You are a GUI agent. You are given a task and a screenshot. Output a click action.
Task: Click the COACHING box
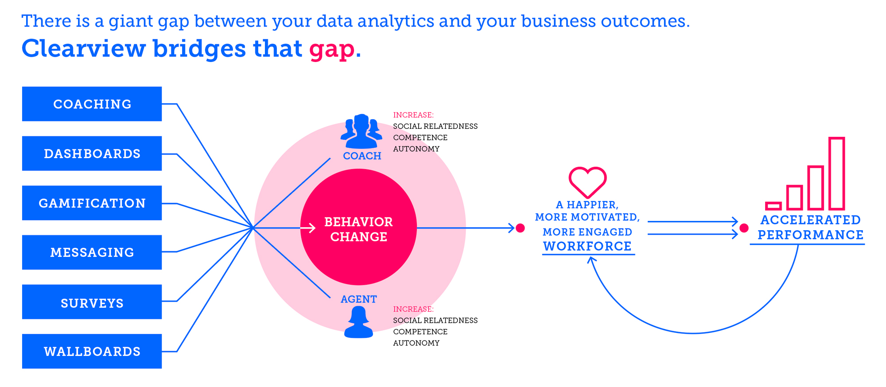(x=92, y=104)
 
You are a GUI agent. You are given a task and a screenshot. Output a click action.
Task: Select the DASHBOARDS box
(x=92, y=154)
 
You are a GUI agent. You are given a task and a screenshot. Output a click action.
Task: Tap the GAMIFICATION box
(x=92, y=203)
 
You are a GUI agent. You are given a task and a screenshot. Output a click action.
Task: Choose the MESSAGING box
(x=92, y=252)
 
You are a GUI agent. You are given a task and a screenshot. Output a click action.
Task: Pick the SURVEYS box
(x=92, y=302)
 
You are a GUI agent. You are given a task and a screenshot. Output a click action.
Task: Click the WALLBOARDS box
(x=92, y=351)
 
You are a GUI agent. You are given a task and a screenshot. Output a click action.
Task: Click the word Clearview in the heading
(x=84, y=48)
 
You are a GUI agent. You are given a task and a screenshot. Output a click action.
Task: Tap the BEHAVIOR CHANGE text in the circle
(x=358, y=229)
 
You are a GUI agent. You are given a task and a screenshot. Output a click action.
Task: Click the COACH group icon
(x=361, y=132)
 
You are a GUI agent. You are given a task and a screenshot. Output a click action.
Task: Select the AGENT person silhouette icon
(x=358, y=322)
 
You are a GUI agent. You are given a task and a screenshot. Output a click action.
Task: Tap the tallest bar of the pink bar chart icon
(x=837, y=174)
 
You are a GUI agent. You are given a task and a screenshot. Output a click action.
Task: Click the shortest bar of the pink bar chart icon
(x=773, y=206)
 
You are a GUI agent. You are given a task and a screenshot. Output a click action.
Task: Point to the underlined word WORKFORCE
(x=587, y=246)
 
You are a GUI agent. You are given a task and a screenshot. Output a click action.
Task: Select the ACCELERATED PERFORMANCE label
(x=810, y=228)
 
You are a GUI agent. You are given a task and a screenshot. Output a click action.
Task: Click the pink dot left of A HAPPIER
(x=521, y=228)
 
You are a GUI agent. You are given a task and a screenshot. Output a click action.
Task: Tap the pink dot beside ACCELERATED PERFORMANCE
(x=744, y=228)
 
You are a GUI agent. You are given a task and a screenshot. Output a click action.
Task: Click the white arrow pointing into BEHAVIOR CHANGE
(x=308, y=228)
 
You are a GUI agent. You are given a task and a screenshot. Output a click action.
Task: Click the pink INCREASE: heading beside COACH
(x=413, y=115)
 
